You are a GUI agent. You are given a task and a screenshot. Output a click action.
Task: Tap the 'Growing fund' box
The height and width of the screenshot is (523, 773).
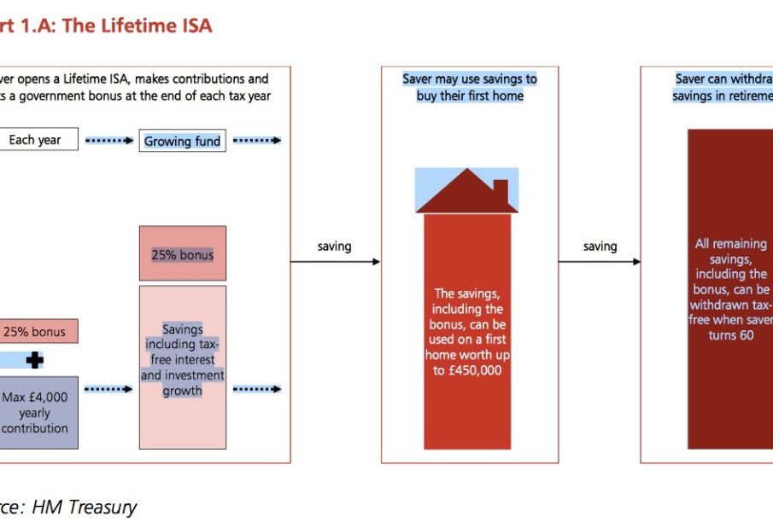pos(182,141)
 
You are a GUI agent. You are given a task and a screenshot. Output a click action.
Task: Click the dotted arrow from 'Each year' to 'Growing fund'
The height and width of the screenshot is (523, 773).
pos(108,140)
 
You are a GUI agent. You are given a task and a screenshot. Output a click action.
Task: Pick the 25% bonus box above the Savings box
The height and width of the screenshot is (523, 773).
pos(182,254)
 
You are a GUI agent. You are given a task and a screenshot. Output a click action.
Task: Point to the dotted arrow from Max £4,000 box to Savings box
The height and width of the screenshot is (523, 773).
pos(108,389)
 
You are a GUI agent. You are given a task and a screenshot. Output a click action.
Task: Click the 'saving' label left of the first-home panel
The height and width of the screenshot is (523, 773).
pos(335,247)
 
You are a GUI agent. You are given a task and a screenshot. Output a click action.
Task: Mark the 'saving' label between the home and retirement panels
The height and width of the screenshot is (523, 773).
pos(600,247)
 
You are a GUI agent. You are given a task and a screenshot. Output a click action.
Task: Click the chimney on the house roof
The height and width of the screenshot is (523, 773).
pos(501,189)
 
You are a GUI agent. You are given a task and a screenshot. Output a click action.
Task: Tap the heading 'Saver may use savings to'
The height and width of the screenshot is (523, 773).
pos(470,79)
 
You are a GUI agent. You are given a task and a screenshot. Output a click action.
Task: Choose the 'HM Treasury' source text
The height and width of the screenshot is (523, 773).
pos(85,507)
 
